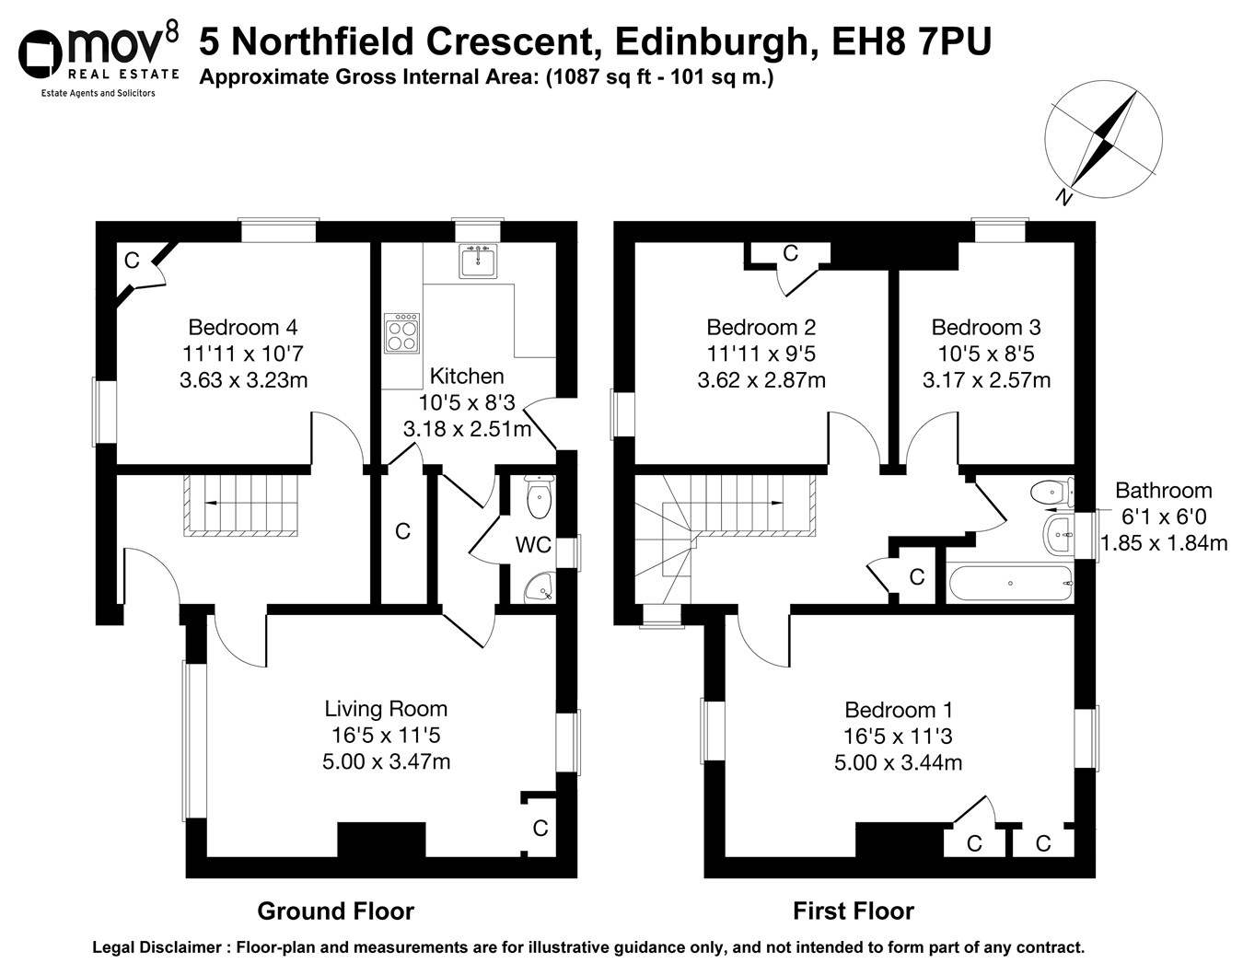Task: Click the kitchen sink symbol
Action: pos(477,261)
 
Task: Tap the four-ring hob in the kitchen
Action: pos(402,332)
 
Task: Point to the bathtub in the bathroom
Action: pos(1009,583)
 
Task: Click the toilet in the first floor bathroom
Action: pos(1052,492)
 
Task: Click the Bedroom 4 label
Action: pos(243,327)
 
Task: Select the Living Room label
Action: pos(386,709)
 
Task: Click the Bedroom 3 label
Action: pos(986,327)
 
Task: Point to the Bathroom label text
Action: pos(1163,491)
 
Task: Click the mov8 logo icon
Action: pos(41,56)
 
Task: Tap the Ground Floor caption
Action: pos(335,911)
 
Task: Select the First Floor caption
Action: pos(853,911)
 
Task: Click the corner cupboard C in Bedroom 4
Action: pos(132,261)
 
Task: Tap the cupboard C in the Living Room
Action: pos(540,828)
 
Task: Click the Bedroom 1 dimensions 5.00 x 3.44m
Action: pos(898,762)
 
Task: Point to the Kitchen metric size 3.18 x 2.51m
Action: pos(467,429)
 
